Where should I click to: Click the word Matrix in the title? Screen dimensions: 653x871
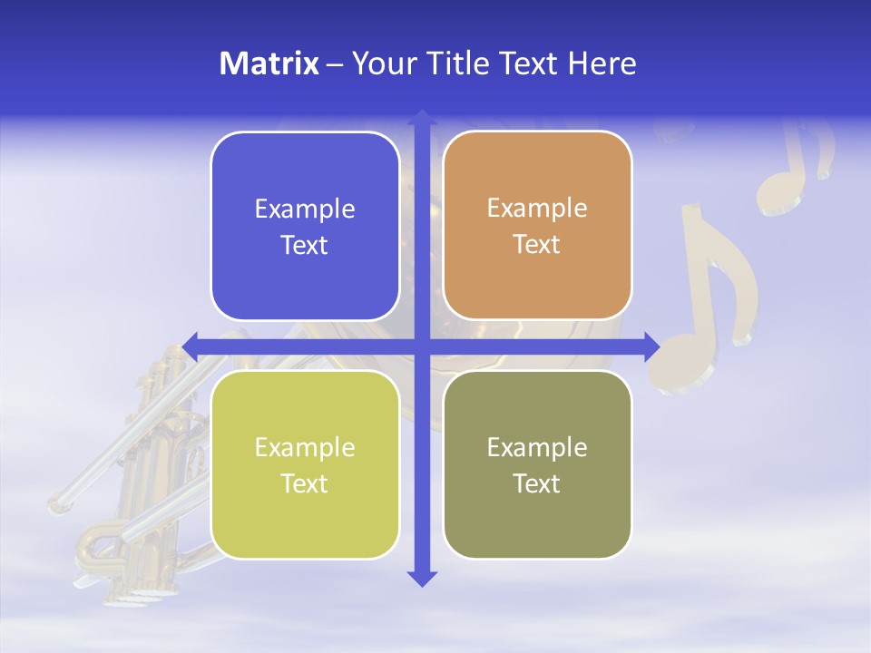(x=269, y=63)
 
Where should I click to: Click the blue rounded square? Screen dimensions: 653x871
(x=305, y=226)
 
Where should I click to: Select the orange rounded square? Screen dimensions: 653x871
(x=537, y=225)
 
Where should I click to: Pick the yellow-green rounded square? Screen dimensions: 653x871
(x=305, y=464)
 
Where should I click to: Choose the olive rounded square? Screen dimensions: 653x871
(x=537, y=464)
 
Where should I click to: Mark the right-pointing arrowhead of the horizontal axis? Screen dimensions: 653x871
(x=651, y=346)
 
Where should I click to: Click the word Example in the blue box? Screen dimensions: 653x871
(x=305, y=210)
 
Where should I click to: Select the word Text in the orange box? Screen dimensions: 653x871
(x=537, y=245)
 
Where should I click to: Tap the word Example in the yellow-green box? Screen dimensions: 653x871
(x=305, y=448)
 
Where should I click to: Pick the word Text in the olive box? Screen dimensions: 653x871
(x=537, y=483)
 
